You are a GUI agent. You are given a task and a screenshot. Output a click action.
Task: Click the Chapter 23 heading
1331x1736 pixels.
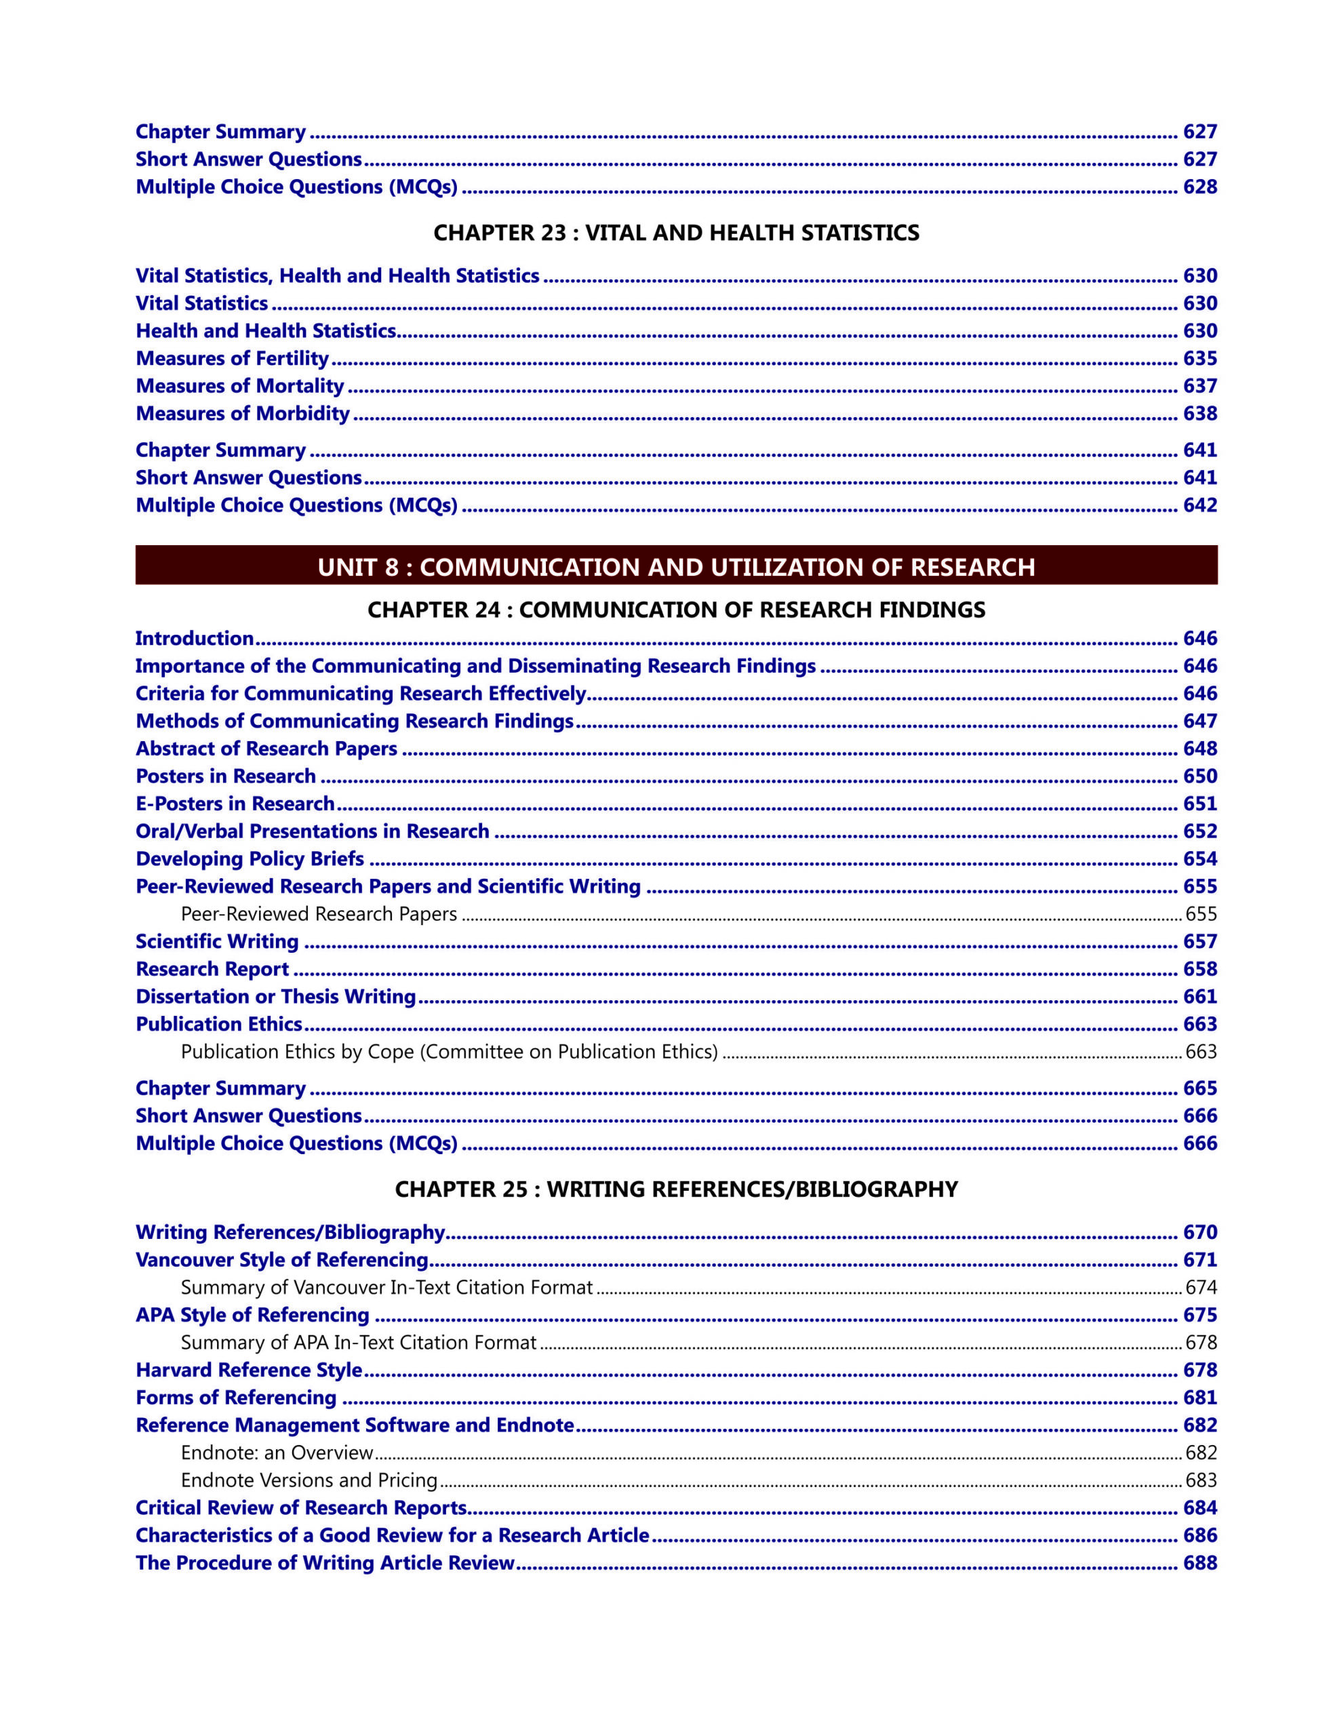[x=676, y=233]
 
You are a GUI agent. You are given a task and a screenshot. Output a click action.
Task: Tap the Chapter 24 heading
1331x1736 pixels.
[x=676, y=610]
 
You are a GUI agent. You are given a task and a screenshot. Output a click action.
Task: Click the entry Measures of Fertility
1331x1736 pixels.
[x=231, y=359]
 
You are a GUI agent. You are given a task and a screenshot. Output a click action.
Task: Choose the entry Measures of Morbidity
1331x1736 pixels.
[x=243, y=414]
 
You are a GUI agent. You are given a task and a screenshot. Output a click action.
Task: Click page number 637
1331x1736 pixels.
[x=1199, y=386]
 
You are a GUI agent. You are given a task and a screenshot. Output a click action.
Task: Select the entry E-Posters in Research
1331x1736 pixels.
[x=235, y=804]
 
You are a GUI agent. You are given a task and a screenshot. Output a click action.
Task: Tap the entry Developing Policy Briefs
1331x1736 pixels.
[x=250, y=859]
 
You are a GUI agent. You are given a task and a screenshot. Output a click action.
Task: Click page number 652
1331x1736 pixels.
[x=1199, y=831]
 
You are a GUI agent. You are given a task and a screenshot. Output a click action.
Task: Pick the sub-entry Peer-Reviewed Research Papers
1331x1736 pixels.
[x=319, y=914]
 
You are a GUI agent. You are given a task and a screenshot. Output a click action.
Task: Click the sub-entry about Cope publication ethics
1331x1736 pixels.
[x=450, y=1052]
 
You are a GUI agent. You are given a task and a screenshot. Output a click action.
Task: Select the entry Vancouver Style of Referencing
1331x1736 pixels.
[x=281, y=1260]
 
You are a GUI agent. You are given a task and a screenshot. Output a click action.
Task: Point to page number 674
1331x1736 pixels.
[x=1200, y=1288]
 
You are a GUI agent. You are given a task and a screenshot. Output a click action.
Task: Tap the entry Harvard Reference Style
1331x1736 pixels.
[x=249, y=1370]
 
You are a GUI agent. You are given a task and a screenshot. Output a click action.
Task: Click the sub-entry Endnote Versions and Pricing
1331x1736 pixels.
[x=309, y=1480]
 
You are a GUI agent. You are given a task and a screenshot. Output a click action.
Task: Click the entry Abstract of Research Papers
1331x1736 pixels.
[x=266, y=749]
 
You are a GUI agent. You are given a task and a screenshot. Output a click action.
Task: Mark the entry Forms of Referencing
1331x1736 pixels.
[x=236, y=1398]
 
